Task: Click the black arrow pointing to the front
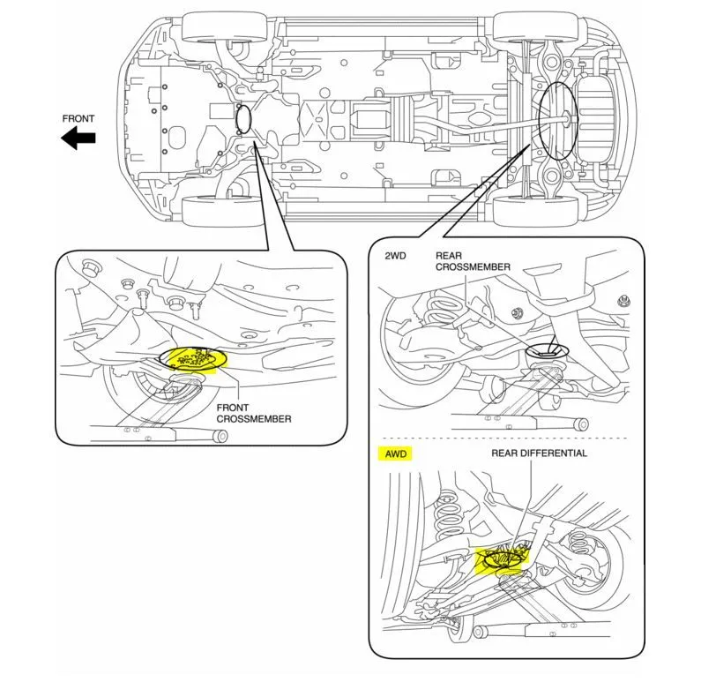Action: pyautogui.click(x=78, y=138)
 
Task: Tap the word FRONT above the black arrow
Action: pyautogui.click(x=78, y=118)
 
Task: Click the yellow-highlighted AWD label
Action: pyautogui.click(x=393, y=454)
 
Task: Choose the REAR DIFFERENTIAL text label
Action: pyautogui.click(x=539, y=453)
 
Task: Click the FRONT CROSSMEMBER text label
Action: pyautogui.click(x=254, y=414)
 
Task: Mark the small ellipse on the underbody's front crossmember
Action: pyautogui.click(x=243, y=118)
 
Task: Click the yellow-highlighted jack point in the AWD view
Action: pyautogui.click(x=503, y=559)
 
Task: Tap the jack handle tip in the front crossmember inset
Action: pyautogui.click(x=221, y=435)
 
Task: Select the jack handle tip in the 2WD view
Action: pyautogui.click(x=581, y=424)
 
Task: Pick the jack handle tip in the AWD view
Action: pyautogui.click(x=481, y=632)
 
